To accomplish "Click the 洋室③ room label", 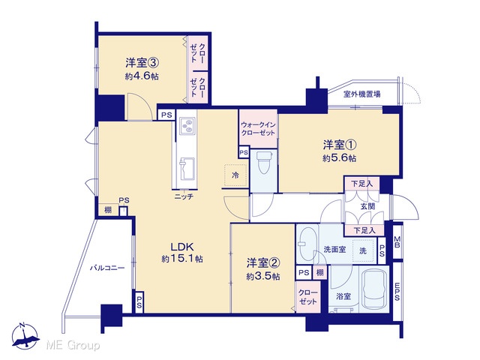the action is coord(142,63).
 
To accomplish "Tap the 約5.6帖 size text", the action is coord(339,158).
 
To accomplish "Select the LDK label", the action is coord(181,247).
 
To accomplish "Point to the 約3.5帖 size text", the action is coord(263,277).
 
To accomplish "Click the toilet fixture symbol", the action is coord(263,163).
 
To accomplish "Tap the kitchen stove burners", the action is coord(187,126).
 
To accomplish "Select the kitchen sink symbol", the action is coord(187,169).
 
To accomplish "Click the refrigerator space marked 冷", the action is coord(235,175).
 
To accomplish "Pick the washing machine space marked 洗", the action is coord(363,251).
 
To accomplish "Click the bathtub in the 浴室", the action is coord(374,290).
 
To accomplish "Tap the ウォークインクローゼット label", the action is coord(258,129).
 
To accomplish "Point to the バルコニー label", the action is coord(107,268).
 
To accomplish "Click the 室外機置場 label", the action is coord(361,94).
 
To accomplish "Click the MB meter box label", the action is coord(397,241).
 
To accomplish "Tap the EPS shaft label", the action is coord(397,291).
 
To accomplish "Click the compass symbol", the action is coord(25,336).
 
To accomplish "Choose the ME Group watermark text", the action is coord(73,345).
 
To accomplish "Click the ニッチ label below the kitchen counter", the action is coord(184,196).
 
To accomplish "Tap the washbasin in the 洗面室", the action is coord(306,243).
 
